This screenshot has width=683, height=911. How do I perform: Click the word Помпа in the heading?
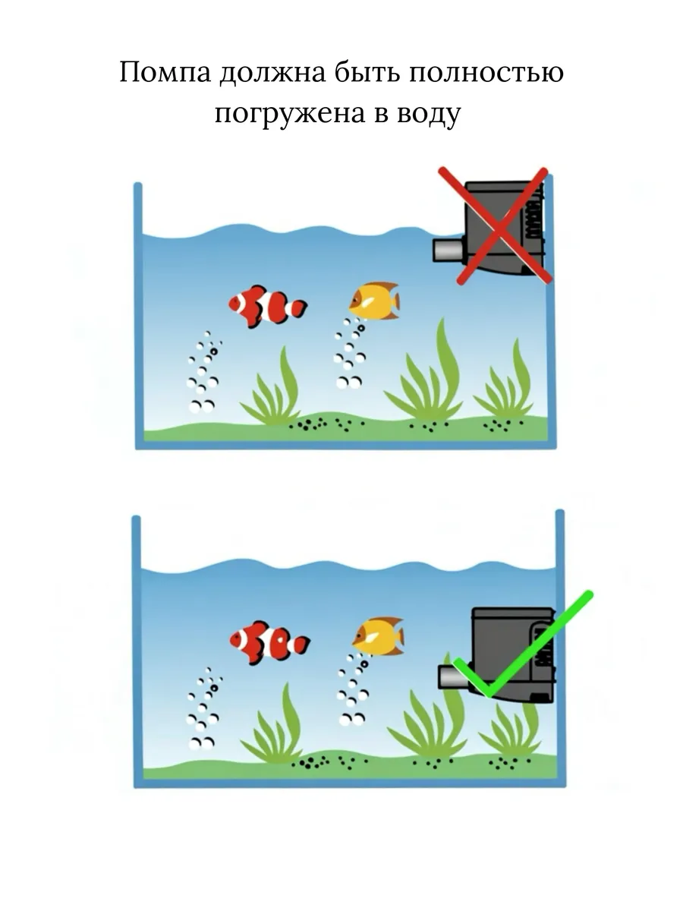[x=165, y=72]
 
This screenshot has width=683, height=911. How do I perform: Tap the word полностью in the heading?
[x=487, y=72]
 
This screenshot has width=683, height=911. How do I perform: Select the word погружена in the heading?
[x=290, y=113]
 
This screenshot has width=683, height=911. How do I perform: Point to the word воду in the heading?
[x=429, y=113]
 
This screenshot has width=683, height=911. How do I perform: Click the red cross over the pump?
[x=496, y=225]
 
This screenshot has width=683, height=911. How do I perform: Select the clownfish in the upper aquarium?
[x=268, y=306]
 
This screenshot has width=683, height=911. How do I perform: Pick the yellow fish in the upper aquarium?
[x=374, y=301]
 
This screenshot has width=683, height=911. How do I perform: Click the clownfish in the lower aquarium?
[x=270, y=641]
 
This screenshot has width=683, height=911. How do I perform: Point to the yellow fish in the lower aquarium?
[x=378, y=636]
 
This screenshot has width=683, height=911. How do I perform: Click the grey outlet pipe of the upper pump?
[x=448, y=250]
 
